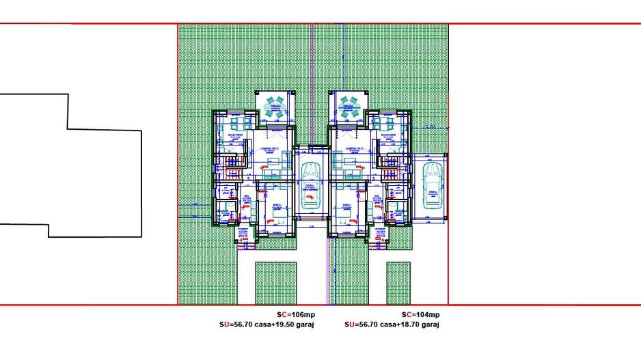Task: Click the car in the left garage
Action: (x=311, y=186)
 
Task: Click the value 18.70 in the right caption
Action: (x=417, y=324)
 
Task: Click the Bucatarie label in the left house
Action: (x=236, y=136)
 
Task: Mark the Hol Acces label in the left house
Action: (x=245, y=197)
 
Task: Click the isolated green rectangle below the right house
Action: (x=398, y=283)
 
